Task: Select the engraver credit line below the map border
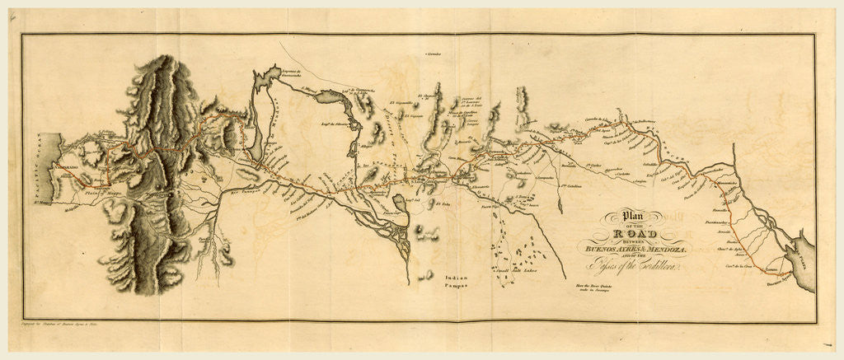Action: click(74, 327)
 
